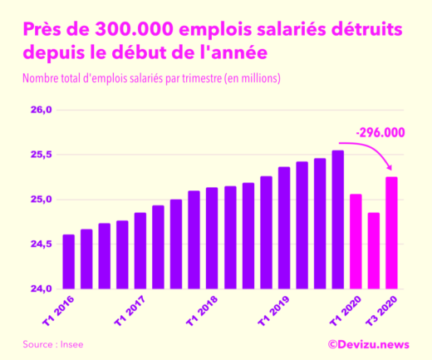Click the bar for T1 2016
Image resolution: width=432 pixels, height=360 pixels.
pos(68,262)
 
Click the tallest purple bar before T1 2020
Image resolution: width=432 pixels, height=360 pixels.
pos(337,220)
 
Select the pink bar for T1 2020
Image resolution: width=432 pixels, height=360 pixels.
pos(356,242)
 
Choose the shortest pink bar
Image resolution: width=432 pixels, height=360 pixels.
pos(374,251)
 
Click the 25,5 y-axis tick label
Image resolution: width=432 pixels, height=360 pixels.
pos(42,155)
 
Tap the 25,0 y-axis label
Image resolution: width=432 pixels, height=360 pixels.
pos(42,200)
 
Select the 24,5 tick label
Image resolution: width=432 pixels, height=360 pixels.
pos(42,244)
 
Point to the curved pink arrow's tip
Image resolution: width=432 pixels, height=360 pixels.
pos(390,171)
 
